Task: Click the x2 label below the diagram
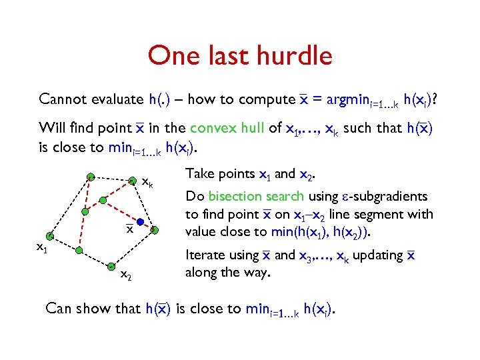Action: tap(125, 274)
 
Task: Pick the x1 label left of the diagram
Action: tap(42, 248)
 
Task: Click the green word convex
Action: tap(211, 128)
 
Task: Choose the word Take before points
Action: tap(199, 174)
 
